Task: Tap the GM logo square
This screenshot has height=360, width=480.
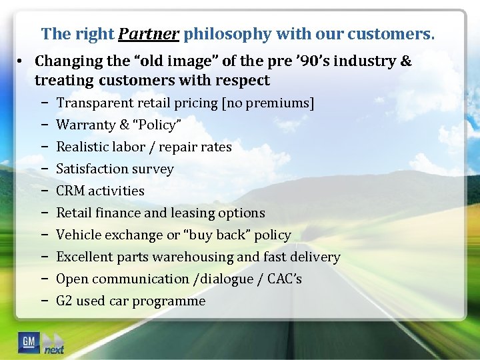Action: pyautogui.click(x=29, y=342)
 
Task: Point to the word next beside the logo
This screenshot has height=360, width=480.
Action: pyautogui.click(x=55, y=350)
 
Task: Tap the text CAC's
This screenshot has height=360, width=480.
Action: pyautogui.click(x=285, y=279)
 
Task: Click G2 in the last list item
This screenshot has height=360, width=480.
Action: pyautogui.click(x=65, y=301)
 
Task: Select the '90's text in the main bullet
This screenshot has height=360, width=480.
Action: pyautogui.click(x=309, y=61)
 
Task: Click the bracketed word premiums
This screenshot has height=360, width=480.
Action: pyautogui.click(x=282, y=103)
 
